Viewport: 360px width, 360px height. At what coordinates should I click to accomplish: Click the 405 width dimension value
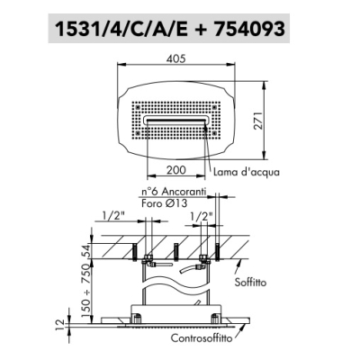[176, 58]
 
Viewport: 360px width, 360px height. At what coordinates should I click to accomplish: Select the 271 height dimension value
[257, 121]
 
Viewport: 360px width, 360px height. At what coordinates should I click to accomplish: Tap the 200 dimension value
[176, 170]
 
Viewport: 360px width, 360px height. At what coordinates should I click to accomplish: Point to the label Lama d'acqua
[247, 172]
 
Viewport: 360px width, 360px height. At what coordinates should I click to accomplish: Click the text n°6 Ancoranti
[174, 192]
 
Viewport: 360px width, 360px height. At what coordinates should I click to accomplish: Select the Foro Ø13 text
[165, 203]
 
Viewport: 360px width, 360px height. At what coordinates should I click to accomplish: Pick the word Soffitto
[250, 283]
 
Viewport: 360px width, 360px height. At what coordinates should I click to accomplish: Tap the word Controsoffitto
[202, 338]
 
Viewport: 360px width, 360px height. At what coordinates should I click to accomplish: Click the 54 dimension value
[85, 251]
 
